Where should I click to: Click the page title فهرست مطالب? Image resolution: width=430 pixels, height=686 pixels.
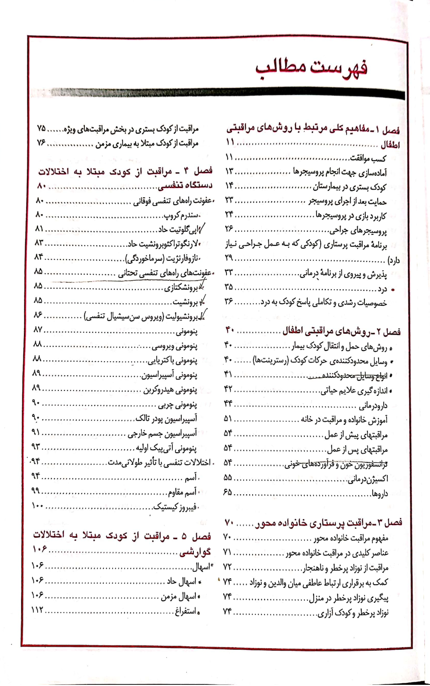[312, 69]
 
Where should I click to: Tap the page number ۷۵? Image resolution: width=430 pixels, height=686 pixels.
[41, 129]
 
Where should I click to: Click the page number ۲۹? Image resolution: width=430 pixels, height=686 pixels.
[229, 258]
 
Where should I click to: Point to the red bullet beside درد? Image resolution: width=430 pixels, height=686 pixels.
[393, 290]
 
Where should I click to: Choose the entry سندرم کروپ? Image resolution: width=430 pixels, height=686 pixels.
[182, 216]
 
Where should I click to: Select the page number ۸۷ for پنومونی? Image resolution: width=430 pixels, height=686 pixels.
[38, 330]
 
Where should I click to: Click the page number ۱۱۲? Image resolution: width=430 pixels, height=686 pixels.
[38, 611]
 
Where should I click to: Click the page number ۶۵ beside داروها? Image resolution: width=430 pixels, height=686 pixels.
[228, 493]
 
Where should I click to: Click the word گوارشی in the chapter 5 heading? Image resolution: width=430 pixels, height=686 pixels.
[195, 552]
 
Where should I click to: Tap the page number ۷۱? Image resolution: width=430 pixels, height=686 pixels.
[228, 552]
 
